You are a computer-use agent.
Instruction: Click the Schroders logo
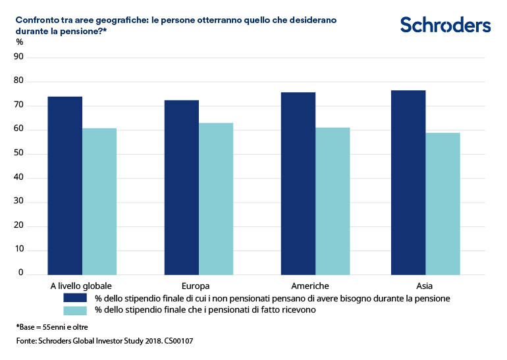tap(446, 25)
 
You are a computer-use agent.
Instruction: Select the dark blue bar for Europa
tap(182, 187)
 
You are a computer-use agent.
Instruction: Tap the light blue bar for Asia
tap(442, 203)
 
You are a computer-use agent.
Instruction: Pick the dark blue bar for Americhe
tap(298, 183)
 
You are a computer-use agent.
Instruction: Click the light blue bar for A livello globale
tap(99, 201)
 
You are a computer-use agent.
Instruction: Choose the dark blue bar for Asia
tap(408, 182)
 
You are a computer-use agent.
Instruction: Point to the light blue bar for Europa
tap(216, 198)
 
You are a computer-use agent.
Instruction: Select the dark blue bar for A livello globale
tap(65, 185)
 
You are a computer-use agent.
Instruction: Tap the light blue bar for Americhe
tap(333, 201)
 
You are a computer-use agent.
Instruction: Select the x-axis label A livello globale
tap(81, 286)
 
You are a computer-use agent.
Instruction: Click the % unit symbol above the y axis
tap(19, 42)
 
